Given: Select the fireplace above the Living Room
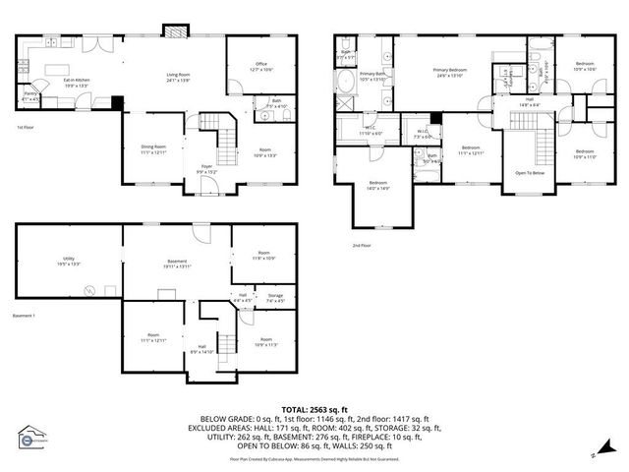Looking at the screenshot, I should point(176,30).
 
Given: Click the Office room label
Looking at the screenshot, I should point(260,69).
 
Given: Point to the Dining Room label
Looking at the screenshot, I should point(153,149).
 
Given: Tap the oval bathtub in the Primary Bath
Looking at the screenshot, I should point(345,100).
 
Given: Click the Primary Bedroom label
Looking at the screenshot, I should point(451,73).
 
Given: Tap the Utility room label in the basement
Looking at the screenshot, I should point(69,262).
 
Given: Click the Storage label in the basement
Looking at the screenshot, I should point(275,298).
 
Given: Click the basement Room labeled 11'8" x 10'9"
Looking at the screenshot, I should point(263,256).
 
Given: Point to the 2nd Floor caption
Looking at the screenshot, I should point(362,245).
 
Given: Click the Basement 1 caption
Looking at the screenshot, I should point(24,316).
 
